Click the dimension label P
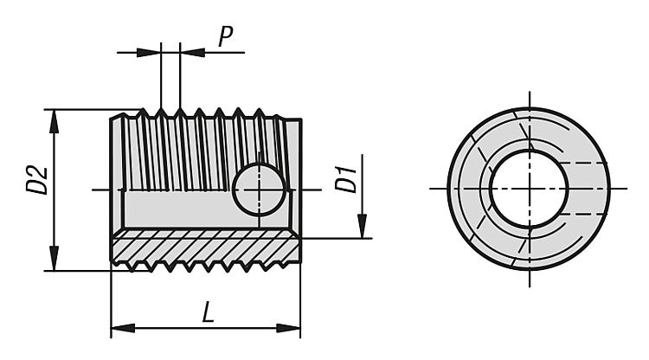click(225, 35)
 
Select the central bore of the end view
click(528, 189)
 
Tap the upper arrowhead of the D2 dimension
click(55, 119)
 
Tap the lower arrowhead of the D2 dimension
click(55, 260)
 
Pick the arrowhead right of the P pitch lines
click(191, 52)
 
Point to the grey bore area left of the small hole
click(173, 208)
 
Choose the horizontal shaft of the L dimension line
click(173, 328)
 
